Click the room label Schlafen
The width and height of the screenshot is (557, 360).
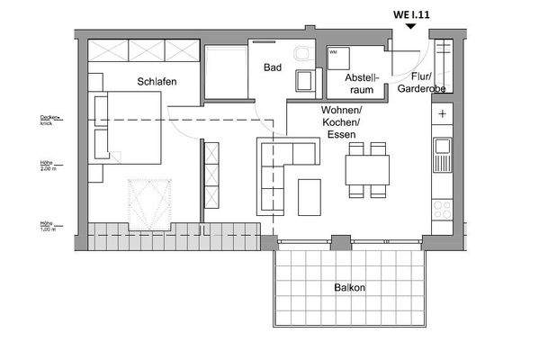tap(157, 82)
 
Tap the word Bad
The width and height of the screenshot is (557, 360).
tap(273, 67)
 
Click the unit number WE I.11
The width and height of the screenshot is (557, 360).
tap(410, 13)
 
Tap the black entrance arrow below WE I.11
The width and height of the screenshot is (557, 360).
tap(410, 27)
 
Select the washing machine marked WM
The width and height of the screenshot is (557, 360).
tap(338, 58)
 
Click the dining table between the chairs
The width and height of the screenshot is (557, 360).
tap(367, 168)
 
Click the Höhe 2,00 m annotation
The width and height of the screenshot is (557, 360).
tap(46, 167)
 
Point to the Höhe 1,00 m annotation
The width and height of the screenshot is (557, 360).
tap(46, 226)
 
